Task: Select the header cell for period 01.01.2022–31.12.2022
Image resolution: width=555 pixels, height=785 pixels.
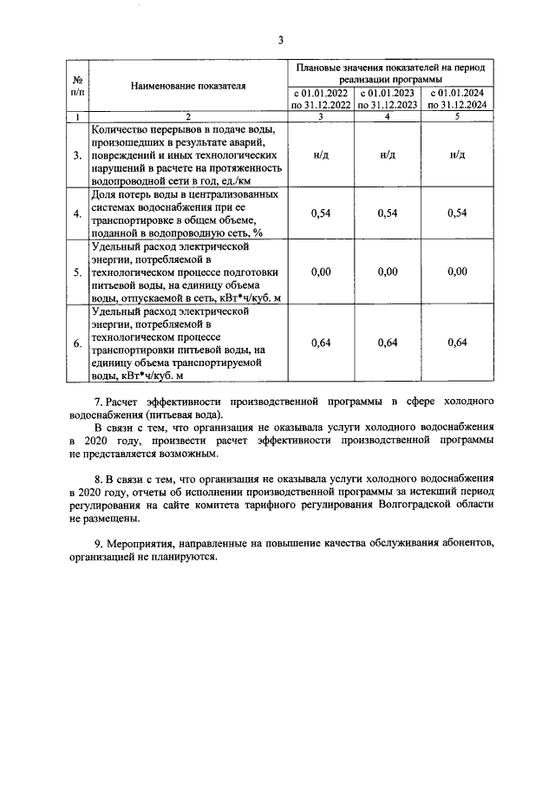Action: (321, 98)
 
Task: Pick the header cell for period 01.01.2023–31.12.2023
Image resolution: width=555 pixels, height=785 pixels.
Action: (388, 98)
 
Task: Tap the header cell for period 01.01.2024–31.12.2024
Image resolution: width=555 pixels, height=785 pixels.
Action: (457, 98)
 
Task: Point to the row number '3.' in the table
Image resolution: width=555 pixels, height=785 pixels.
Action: (77, 155)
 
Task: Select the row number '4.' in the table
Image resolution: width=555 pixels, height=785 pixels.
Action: (77, 213)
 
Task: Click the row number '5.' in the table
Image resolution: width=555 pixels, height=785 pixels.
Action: (77, 272)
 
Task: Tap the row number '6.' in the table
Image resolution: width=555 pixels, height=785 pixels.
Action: (77, 343)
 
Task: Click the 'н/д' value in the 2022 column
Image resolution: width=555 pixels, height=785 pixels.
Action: (321, 155)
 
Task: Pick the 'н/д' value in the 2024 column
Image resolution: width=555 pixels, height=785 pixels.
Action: (457, 155)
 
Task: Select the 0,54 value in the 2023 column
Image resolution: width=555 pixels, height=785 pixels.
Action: (388, 213)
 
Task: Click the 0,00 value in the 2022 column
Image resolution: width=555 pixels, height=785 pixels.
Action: (321, 272)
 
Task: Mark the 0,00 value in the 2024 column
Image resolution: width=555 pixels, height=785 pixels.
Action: (457, 272)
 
